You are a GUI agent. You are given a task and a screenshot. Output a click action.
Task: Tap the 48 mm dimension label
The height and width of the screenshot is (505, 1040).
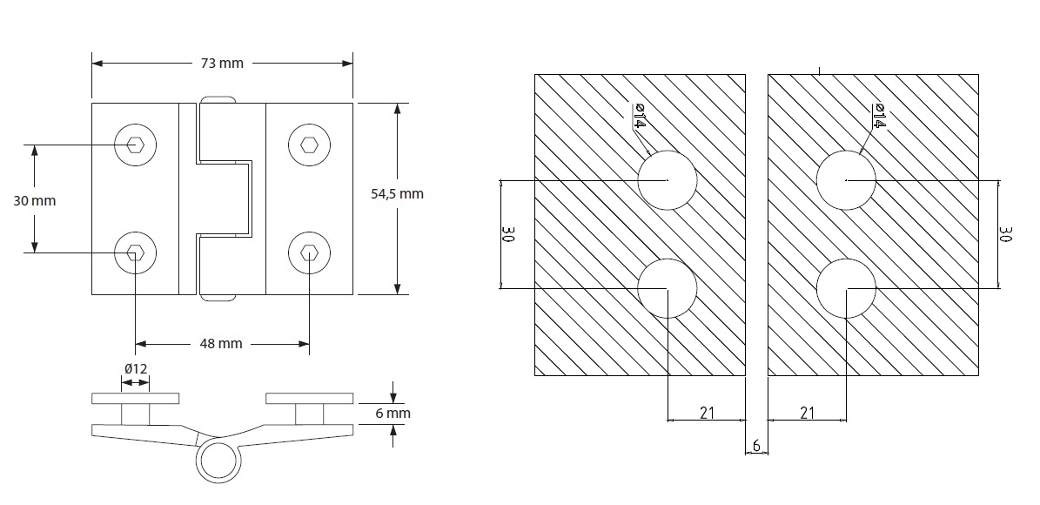point(220,343)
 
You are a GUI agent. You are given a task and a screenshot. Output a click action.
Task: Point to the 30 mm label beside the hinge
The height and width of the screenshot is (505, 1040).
point(35,200)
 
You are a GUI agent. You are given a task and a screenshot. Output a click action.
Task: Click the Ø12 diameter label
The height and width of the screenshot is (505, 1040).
point(136,369)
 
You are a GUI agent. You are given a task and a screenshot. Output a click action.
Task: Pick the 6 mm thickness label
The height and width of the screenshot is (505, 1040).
point(392,414)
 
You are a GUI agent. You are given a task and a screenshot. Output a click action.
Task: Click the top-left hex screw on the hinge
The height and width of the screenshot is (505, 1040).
point(135,145)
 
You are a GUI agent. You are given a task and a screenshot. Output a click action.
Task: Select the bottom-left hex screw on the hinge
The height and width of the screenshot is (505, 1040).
point(135,252)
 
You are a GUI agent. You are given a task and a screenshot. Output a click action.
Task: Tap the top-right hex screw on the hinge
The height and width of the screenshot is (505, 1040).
point(309,145)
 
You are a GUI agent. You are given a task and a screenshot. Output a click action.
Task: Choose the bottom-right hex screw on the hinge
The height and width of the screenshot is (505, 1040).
point(309,252)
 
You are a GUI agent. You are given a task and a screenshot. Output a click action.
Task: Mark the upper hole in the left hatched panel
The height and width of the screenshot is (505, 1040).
point(668,180)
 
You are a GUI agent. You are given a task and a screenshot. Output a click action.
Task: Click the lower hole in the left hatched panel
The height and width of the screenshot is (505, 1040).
point(668,288)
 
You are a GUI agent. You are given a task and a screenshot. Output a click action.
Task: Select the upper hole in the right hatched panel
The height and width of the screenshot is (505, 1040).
point(846,180)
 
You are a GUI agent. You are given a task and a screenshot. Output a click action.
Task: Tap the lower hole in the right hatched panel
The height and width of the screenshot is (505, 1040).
point(846,288)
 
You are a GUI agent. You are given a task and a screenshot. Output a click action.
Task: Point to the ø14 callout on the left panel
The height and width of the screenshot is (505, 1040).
point(640,116)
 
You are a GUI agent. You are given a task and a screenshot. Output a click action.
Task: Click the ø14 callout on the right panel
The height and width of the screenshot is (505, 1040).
point(878,116)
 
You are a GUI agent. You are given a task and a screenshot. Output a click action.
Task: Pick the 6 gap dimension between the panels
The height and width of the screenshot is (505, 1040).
point(756,446)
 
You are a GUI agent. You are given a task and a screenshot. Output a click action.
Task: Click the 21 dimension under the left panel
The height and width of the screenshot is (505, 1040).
point(707,413)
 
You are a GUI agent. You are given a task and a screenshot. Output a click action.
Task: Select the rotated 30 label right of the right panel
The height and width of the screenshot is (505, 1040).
point(1005,234)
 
